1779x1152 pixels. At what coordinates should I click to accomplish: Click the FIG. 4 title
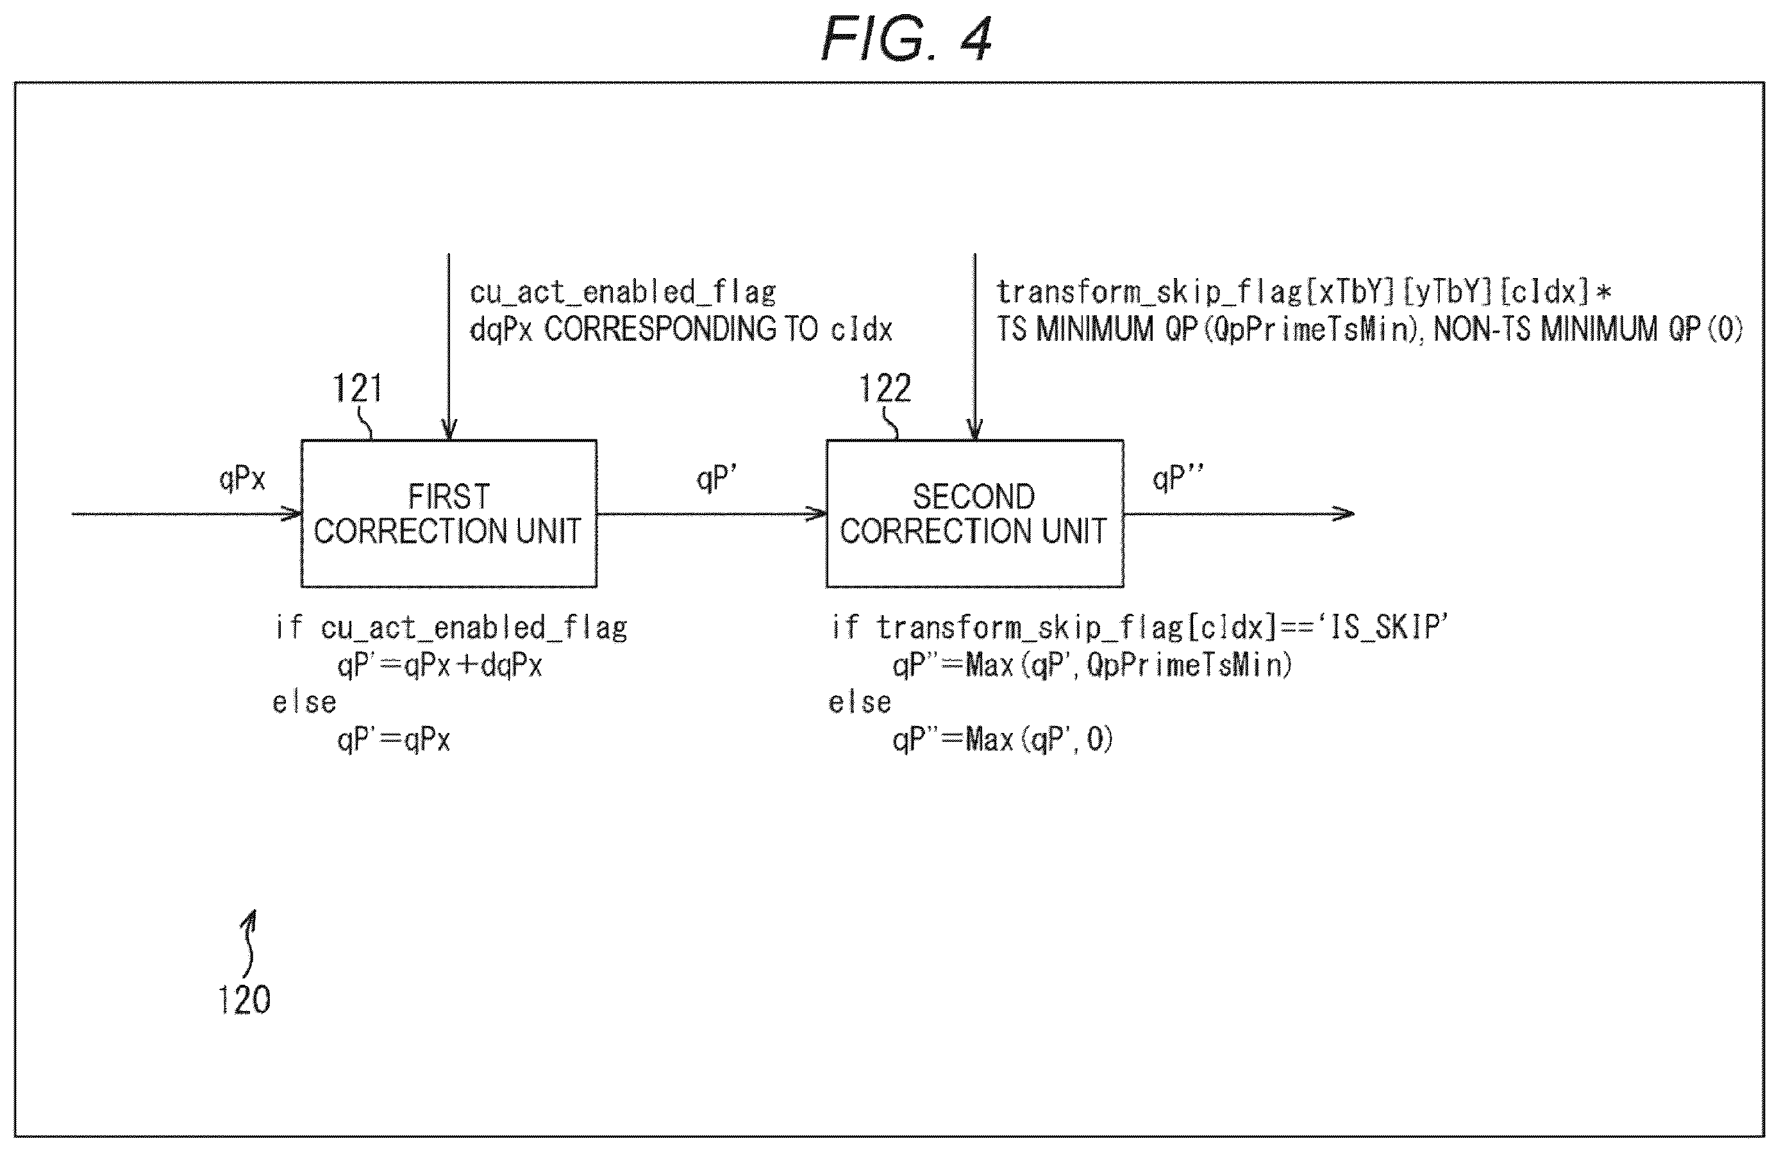pyautogui.click(x=906, y=39)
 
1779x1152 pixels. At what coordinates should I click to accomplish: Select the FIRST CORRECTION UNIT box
pyautogui.click(x=449, y=513)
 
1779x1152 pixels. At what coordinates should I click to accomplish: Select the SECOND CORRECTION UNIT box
pyautogui.click(x=974, y=513)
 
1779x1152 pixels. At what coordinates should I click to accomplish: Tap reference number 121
pyautogui.click(x=357, y=388)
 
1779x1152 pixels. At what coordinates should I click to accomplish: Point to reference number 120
pyautogui.click(x=244, y=1000)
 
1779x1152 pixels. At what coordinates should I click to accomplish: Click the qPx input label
pyautogui.click(x=242, y=479)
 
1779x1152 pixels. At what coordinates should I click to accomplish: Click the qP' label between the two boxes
pyautogui.click(x=716, y=479)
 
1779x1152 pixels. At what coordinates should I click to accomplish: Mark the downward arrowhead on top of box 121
pyautogui.click(x=449, y=429)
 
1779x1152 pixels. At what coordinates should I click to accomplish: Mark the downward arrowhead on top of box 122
pyautogui.click(x=974, y=429)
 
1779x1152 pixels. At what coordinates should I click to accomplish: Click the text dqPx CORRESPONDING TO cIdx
pyautogui.click(x=681, y=329)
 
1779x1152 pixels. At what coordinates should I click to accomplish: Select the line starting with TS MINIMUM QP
pyautogui.click(x=1369, y=329)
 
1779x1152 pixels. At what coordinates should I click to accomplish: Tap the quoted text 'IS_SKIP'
pyautogui.click(x=1384, y=627)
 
